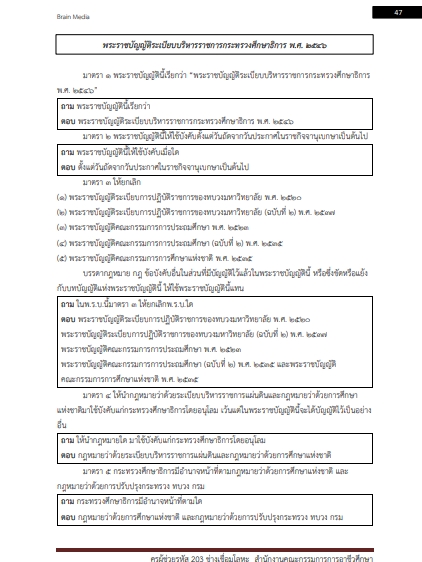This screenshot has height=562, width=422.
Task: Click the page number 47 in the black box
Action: click(x=396, y=11)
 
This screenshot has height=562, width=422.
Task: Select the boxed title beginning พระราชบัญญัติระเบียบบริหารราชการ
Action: click(x=211, y=48)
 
